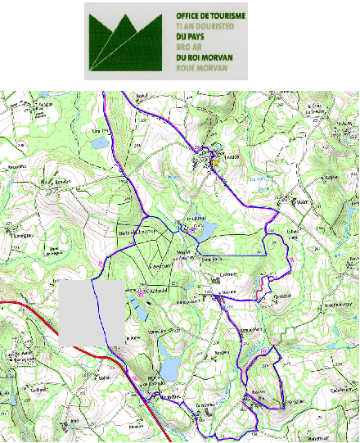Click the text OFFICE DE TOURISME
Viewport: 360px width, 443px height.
[x=211, y=15]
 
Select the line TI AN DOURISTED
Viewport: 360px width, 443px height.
[x=205, y=26]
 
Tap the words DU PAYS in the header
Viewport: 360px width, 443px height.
[x=191, y=37]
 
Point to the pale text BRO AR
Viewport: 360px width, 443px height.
[x=187, y=47]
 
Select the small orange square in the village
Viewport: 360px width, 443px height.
[x=215, y=162]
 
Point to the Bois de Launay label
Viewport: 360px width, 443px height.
[x=137, y=237]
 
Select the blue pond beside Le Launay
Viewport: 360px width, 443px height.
[x=205, y=230]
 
